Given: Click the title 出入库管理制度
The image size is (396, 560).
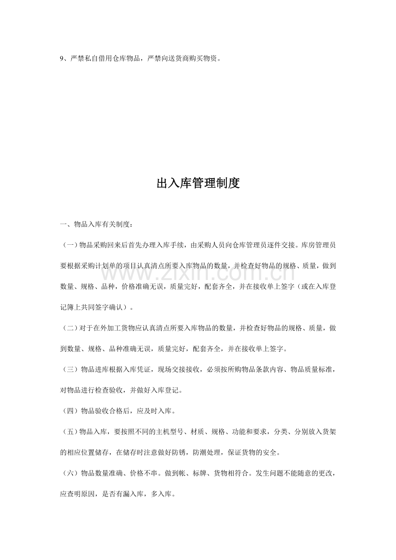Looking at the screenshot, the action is tap(198, 184).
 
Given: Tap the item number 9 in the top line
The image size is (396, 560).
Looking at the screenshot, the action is tap(62, 59).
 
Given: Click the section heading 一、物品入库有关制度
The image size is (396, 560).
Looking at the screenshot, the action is tap(96, 225).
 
